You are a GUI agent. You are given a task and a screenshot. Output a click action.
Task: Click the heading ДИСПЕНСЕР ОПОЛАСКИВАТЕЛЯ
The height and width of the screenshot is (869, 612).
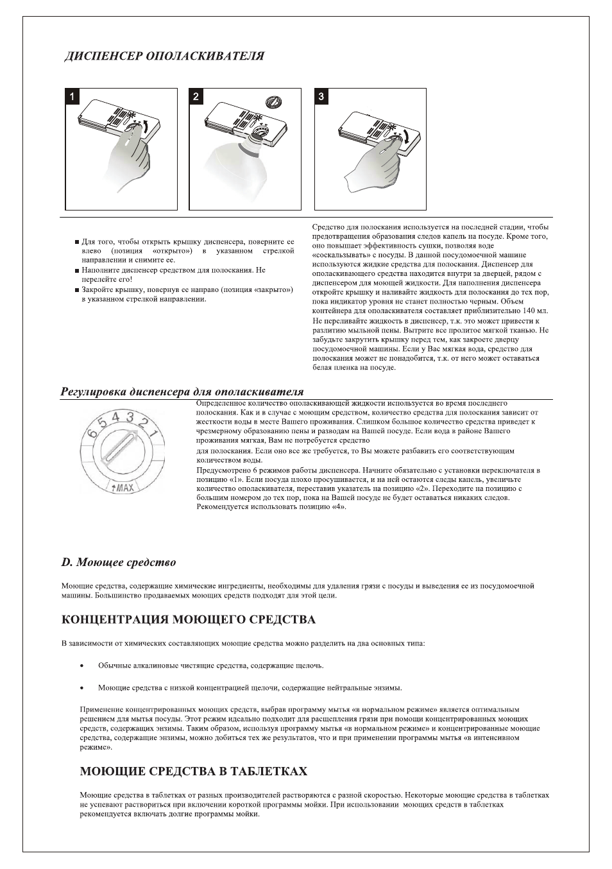[x=163, y=56]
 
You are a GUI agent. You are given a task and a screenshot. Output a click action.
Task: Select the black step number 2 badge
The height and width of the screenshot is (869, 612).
[x=196, y=96]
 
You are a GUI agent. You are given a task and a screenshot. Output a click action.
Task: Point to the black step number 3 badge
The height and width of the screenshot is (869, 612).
[x=321, y=96]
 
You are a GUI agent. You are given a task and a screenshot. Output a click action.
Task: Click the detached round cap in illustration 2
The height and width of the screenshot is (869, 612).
[x=274, y=101]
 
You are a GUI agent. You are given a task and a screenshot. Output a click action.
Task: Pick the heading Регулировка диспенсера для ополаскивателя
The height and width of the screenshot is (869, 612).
[x=182, y=391]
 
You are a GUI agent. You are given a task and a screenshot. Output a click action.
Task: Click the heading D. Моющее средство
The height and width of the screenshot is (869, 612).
[x=119, y=562]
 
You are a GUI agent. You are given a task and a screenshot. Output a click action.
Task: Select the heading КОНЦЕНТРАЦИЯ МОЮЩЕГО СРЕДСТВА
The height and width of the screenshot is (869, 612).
[x=189, y=619]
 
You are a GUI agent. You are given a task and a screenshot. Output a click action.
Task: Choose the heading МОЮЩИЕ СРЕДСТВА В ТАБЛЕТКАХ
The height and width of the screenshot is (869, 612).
[x=193, y=771]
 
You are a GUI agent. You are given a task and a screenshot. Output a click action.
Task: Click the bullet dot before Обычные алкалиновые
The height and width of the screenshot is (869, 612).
[x=81, y=666]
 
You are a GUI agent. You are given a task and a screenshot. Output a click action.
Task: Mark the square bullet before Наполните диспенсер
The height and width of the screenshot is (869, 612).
[x=76, y=271]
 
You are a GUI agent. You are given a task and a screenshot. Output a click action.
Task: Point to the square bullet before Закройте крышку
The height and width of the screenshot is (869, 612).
[x=76, y=290]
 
